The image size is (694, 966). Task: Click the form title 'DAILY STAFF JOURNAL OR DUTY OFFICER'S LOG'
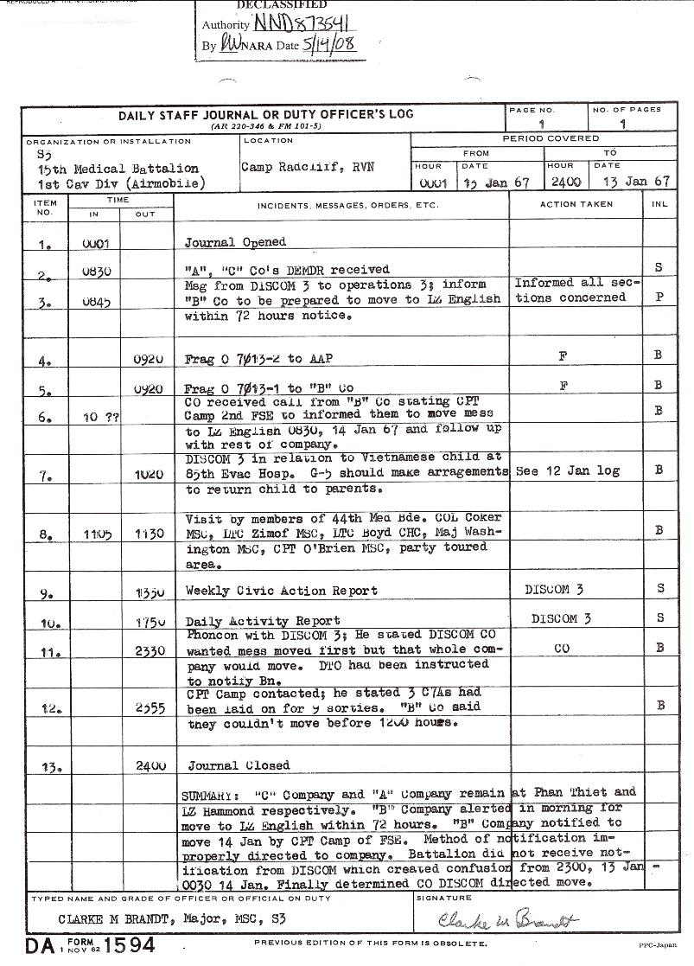click(266, 114)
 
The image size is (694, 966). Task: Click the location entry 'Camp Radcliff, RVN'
click(308, 167)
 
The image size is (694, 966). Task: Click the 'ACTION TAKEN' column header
click(576, 205)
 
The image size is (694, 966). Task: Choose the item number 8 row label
click(45, 534)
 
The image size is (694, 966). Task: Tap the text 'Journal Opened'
click(235, 242)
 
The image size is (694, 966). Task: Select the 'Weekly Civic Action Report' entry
click(282, 591)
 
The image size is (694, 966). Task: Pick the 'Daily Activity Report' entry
click(264, 621)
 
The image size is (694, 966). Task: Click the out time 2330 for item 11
click(150, 650)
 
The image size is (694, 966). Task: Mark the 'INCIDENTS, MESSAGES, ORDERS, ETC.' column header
click(347, 206)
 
